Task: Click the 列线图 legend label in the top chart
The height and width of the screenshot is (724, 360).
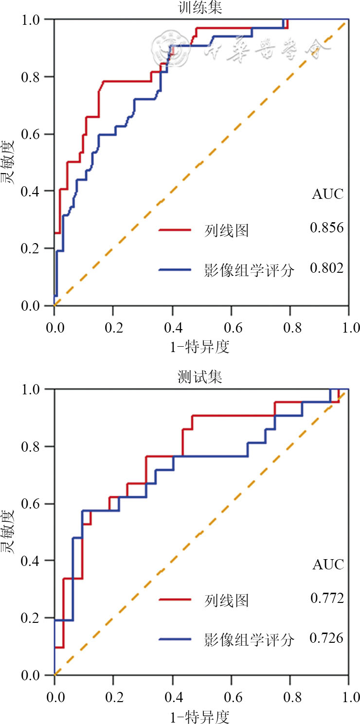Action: (x=227, y=230)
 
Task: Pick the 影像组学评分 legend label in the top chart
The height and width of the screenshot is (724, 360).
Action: (x=250, y=270)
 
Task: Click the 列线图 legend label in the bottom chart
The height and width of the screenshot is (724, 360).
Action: (x=227, y=600)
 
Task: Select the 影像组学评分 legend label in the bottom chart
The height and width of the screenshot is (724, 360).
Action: (x=250, y=640)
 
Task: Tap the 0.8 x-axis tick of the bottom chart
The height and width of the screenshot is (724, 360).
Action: (x=290, y=697)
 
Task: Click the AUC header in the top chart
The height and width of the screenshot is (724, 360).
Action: (x=327, y=194)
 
